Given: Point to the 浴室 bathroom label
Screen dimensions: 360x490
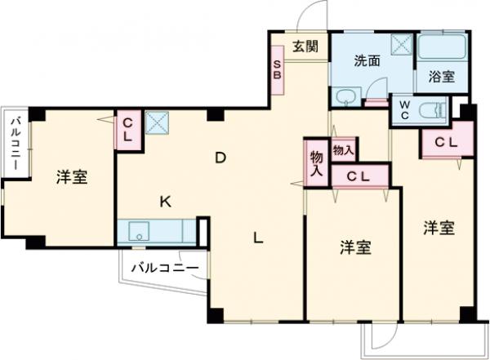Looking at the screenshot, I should (442, 77).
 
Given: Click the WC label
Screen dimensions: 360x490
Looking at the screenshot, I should (403, 109).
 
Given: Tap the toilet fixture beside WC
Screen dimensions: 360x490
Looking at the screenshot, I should (430, 111).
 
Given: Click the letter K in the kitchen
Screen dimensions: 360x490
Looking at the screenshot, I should (164, 202).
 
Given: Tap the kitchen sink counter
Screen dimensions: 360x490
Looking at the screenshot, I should (158, 232).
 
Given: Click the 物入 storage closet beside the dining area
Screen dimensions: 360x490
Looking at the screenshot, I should (317, 162).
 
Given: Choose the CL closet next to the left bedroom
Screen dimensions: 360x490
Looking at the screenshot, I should (128, 129).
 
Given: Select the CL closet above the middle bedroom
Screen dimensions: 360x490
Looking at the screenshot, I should (359, 176).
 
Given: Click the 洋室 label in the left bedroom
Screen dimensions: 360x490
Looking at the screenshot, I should (72, 177).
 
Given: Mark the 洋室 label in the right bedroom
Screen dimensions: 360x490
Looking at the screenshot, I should (439, 228).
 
